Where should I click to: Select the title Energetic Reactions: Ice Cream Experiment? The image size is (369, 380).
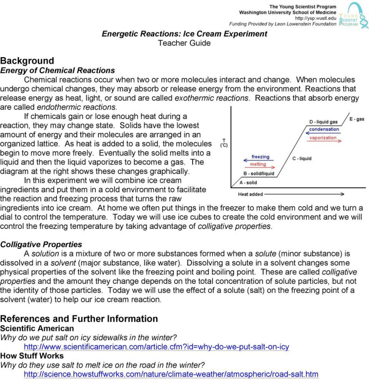pos(184,34)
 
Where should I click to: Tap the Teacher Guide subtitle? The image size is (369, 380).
pos(184,43)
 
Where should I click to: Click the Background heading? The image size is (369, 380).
pos(27,61)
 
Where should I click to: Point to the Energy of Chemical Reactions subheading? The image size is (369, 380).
pos(58,71)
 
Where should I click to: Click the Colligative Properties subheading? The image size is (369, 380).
pos(41,244)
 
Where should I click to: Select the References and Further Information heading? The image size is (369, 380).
pos(79,318)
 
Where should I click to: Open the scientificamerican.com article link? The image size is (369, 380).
pos(156,347)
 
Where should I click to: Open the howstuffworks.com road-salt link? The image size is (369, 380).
pos(171,374)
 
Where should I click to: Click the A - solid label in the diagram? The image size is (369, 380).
pos(248,183)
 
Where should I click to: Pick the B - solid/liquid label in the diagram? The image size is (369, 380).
pos(259,174)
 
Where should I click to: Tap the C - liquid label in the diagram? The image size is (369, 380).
pos(302,159)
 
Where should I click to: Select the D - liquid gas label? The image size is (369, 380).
pos(323,122)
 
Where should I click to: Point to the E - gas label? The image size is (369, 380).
pos(357,119)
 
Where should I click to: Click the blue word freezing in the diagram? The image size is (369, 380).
pos(260,157)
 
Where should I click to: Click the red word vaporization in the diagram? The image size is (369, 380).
pos(323,138)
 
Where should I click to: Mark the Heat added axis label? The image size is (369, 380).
pos(251,194)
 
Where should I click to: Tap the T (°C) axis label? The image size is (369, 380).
pos(224,143)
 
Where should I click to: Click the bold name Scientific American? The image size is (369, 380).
pos(37,328)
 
